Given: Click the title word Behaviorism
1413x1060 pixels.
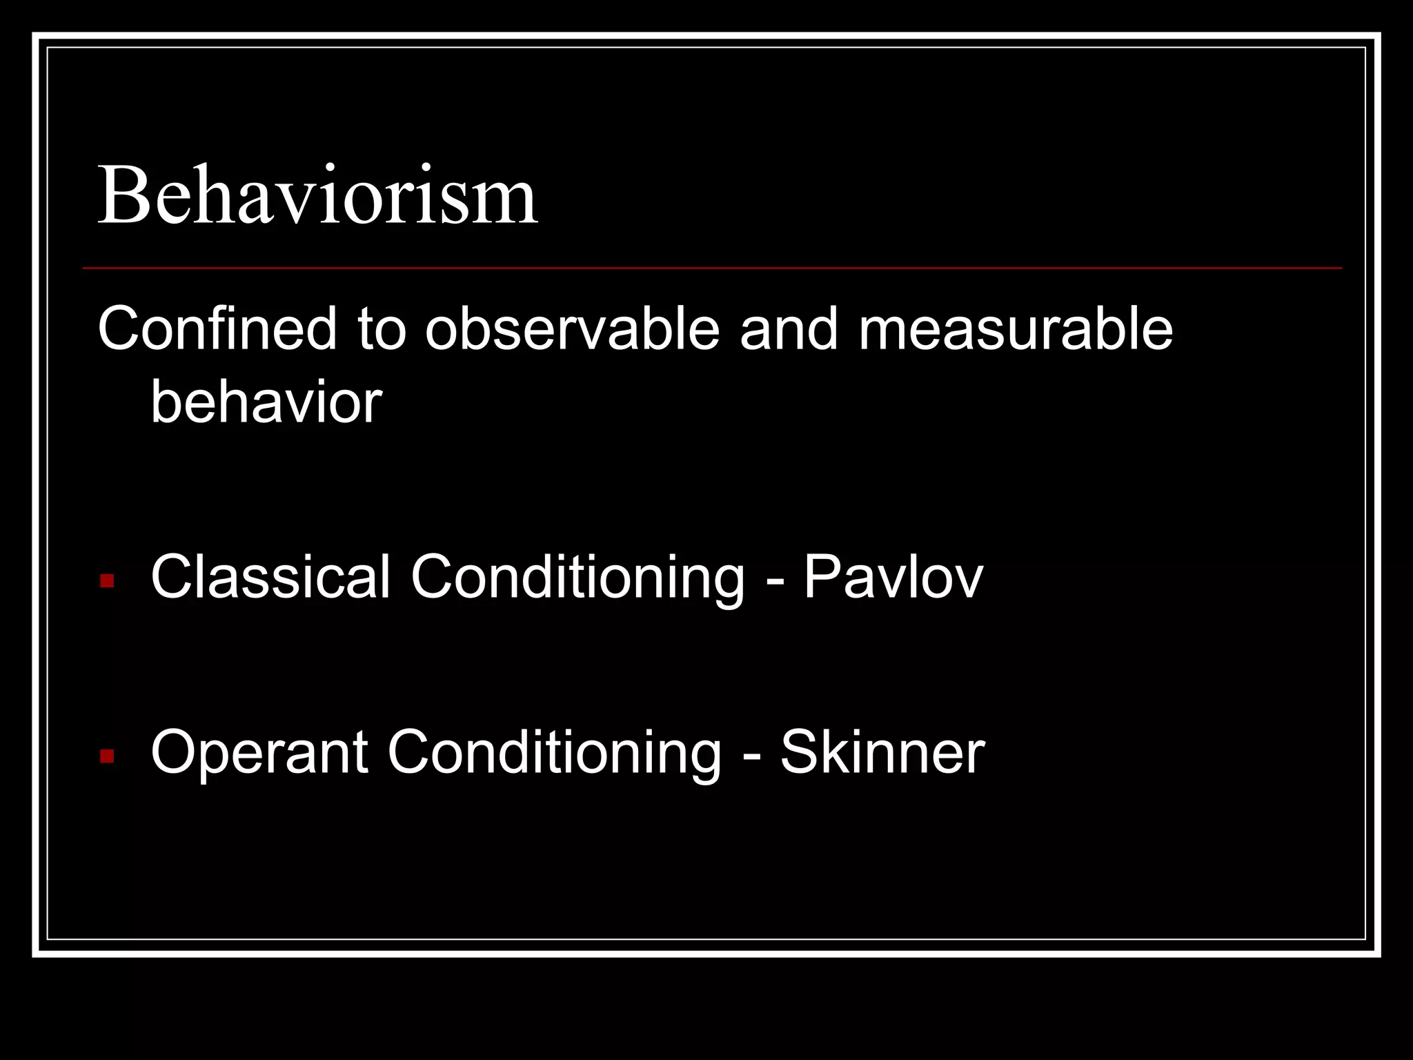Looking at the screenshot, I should [317, 196].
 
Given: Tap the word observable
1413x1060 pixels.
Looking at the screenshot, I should [572, 328].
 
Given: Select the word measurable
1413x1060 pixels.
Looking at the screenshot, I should [1015, 328].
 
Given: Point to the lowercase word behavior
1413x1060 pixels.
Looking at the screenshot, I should [266, 402].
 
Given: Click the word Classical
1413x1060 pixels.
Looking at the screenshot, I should [270, 577].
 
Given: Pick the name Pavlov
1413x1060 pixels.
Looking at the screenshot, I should [893, 577].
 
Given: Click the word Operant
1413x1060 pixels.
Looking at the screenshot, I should [259, 752].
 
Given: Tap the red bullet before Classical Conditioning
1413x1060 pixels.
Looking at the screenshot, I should [107, 580].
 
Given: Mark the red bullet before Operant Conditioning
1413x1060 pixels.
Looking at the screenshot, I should [107, 756].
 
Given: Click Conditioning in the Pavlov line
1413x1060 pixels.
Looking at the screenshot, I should [577, 578].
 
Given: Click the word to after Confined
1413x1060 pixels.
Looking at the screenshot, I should [382, 328].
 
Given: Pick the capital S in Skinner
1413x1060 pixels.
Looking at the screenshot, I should [799, 752].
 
